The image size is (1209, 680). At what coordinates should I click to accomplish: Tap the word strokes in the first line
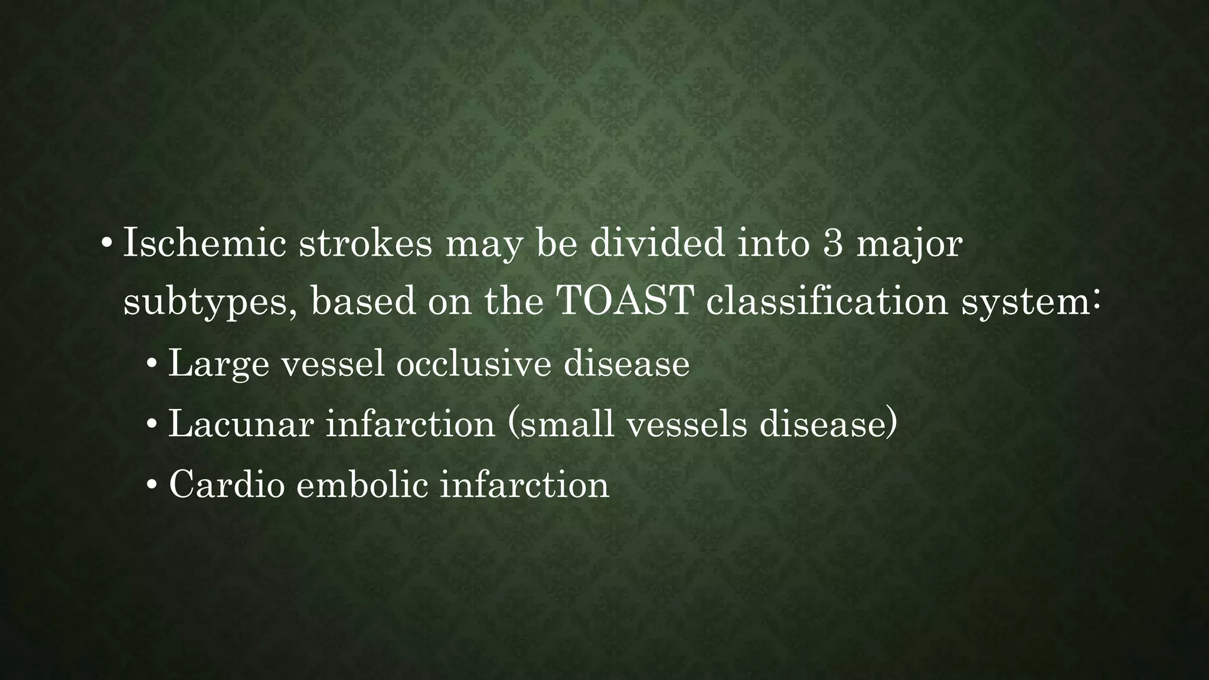[x=365, y=243]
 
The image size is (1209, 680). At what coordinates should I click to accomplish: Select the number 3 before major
[x=832, y=243]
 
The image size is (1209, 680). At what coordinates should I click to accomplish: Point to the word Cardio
[x=227, y=485]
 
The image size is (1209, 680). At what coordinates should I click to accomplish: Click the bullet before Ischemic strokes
[x=106, y=244]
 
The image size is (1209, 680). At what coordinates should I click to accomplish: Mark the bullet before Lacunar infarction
[x=152, y=424]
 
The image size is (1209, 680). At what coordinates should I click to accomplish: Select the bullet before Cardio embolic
[x=152, y=486]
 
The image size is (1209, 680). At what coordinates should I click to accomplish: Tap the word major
[x=910, y=244]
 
